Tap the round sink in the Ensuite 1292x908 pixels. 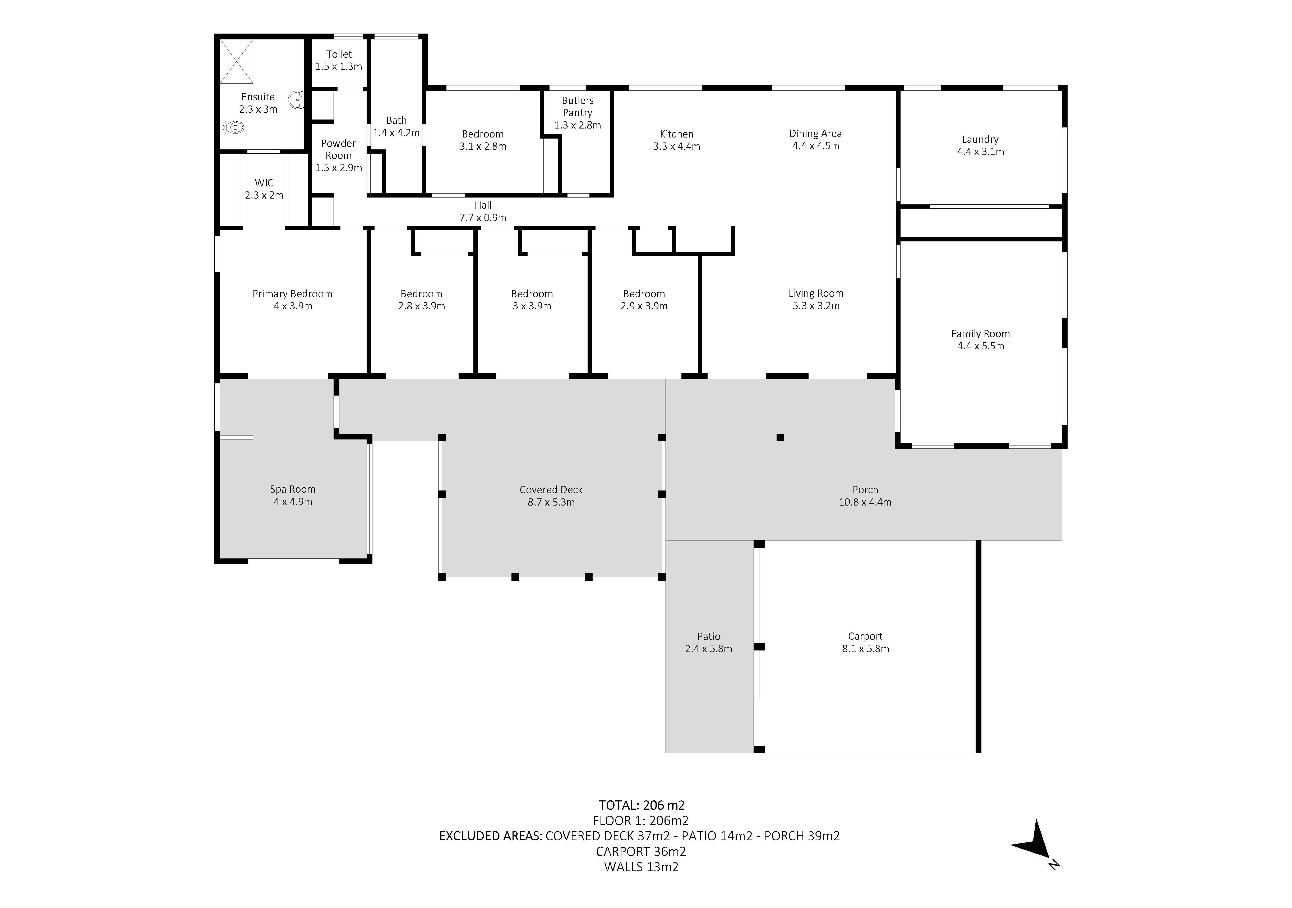pyautogui.click(x=297, y=100)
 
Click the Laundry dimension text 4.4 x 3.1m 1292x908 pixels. pyautogui.click(x=980, y=152)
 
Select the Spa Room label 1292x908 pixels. pyautogui.click(x=293, y=489)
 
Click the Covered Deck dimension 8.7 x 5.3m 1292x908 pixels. pyautogui.click(x=551, y=502)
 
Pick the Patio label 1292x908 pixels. pyautogui.click(x=708, y=636)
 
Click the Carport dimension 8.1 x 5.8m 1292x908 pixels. pyautogui.click(x=865, y=649)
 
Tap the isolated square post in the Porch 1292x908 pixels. pyautogui.click(x=780, y=437)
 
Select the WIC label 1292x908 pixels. pyautogui.click(x=264, y=183)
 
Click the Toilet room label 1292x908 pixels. pyautogui.click(x=339, y=54)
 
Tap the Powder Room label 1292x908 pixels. pyautogui.click(x=338, y=149)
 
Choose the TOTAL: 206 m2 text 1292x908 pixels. pyautogui.click(x=642, y=805)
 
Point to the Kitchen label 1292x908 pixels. pyautogui.click(x=676, y=134)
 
